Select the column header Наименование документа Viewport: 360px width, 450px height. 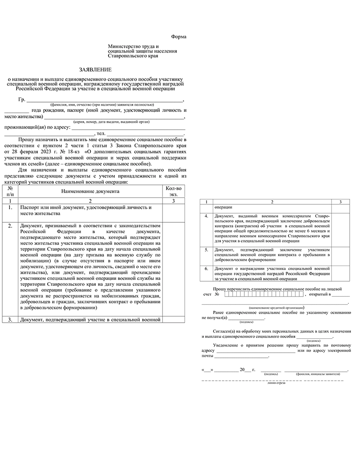click(90, 191)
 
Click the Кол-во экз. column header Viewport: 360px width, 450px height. click(174, 191)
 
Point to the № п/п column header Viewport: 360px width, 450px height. click(10, 191)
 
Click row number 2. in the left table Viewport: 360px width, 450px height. click(10, 225)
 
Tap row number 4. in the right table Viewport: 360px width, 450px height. click(207, 216)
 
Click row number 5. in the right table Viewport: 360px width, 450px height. click(207, 249)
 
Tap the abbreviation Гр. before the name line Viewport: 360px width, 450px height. click(22, 99)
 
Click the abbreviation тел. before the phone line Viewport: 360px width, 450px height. click(100, 134)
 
